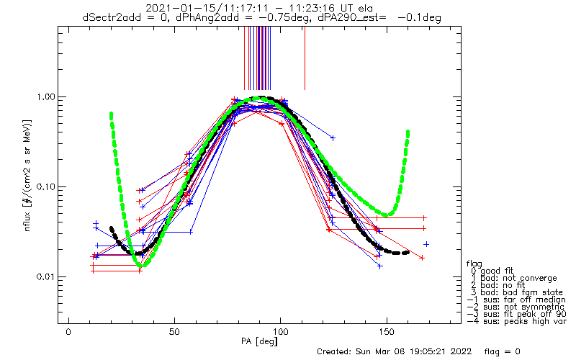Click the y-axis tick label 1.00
46,96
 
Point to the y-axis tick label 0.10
46,186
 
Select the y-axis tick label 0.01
46,277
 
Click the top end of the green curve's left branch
111,114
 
